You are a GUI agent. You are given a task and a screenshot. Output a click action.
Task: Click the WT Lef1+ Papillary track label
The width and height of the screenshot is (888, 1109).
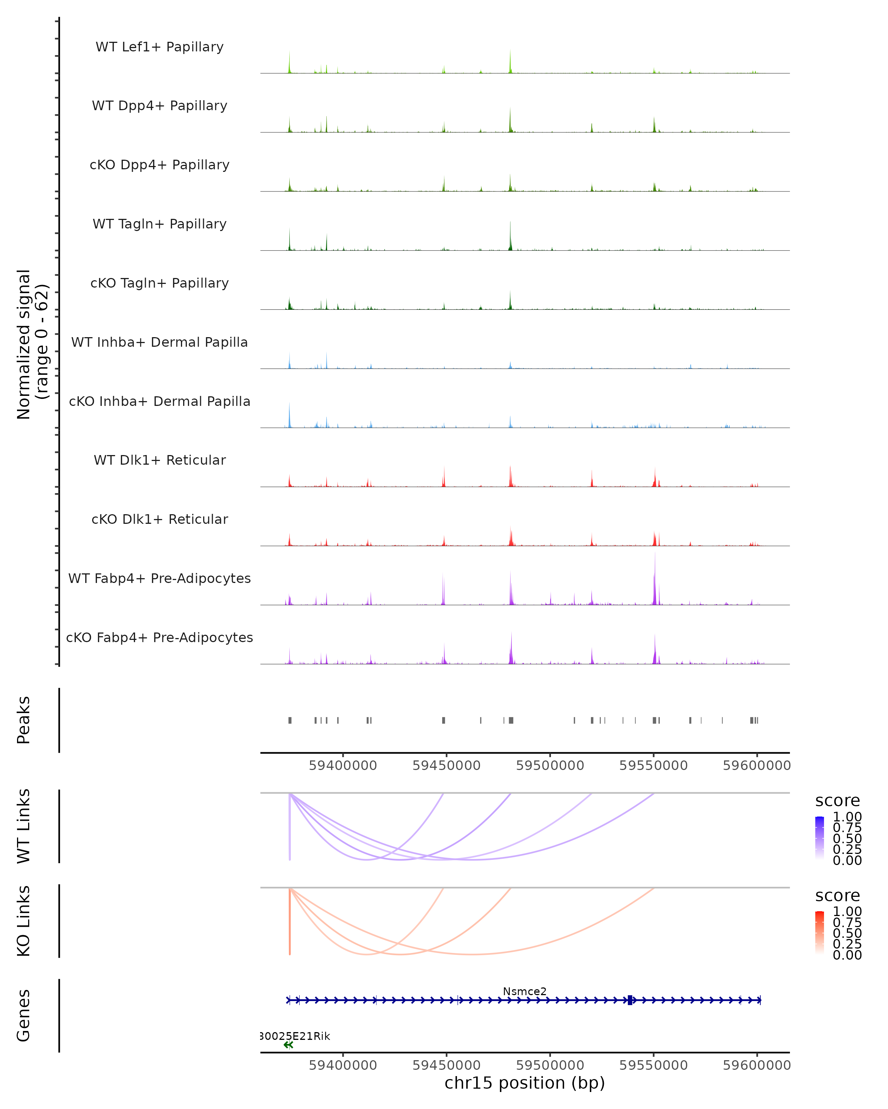(159, 47)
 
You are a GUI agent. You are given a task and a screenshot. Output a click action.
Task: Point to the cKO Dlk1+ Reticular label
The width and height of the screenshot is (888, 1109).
(159, 519)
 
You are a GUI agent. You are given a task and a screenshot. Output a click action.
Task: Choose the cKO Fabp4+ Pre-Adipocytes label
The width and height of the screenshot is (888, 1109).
(159, 637)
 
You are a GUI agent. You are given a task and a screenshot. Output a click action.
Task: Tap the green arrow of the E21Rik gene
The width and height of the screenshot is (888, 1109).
(288, 1045)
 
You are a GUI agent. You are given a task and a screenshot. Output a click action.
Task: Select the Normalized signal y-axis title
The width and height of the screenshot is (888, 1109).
(32, 344)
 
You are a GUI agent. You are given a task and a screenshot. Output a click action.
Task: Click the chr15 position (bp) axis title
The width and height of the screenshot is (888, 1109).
(525, 1083)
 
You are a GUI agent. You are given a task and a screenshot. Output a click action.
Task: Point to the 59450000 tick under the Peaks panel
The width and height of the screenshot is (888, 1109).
(446, 766)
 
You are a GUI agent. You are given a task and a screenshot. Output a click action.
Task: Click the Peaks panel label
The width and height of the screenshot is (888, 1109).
(24, 720)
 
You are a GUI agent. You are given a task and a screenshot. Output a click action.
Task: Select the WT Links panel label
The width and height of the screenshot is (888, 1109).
(24, 825)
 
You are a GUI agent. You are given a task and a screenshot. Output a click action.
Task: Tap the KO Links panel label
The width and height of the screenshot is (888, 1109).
(24, 921)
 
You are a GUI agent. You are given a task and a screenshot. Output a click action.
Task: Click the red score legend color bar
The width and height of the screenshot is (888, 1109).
(820, 933)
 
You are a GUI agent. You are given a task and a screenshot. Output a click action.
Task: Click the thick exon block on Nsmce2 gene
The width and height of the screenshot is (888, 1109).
(630, 1000)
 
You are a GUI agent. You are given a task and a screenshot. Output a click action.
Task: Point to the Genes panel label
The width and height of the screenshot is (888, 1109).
(24, 1015)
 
